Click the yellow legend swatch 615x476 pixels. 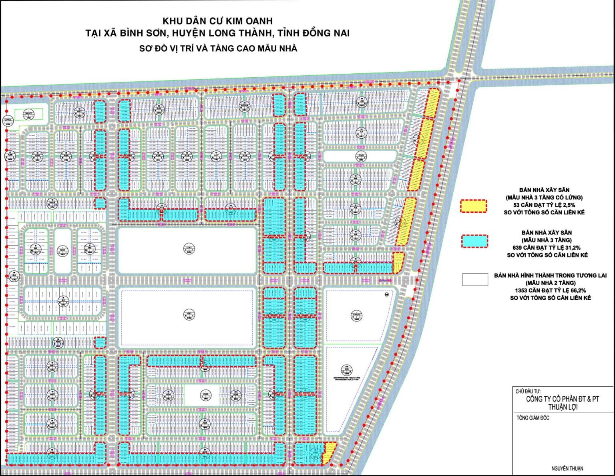(x=474, y=206)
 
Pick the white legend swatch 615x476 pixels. (x=475, y=279)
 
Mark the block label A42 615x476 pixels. (x=51, y=394)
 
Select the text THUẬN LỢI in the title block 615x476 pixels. (x=563, y=407)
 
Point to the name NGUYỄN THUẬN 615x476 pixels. (x=567, y=468)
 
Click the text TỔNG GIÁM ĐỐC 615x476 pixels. (x=533, y=418)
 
